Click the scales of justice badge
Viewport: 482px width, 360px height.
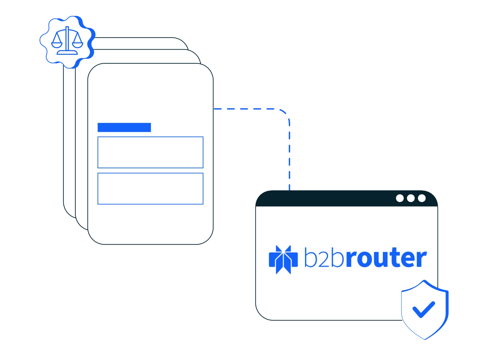[67, 41]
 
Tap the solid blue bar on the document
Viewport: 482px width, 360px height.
[124, 127]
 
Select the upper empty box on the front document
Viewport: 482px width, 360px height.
[150, 152]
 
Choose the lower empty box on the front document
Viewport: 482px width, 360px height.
[150, 189]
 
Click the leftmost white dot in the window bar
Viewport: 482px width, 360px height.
[400, 198]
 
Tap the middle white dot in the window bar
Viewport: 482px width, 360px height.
[411, 198]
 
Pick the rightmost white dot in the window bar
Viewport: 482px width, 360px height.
[422, 198]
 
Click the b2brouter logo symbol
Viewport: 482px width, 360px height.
[283, 260]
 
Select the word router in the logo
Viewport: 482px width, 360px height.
[386, 259]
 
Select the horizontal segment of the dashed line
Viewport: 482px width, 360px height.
[248, 109]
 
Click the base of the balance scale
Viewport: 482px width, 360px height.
[67, 53]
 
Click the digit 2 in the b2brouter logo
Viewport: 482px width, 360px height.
[324, 259]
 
